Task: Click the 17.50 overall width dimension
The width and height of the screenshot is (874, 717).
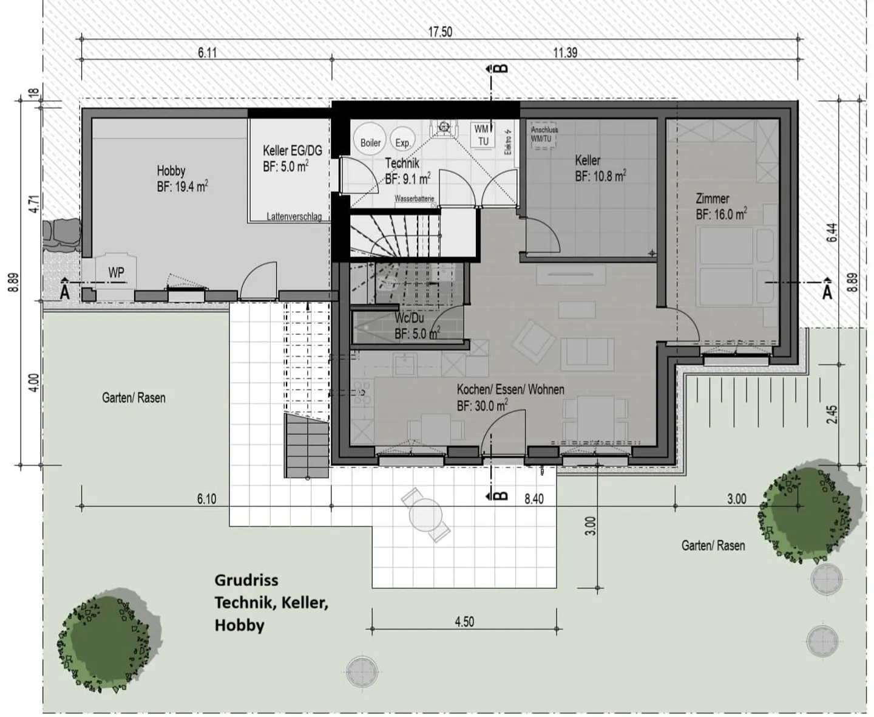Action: pos(440,32)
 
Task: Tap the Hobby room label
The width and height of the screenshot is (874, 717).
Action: pos(171,171)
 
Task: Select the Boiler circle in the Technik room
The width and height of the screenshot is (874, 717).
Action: pos(370,137)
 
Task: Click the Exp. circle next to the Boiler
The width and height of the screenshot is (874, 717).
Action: pos(402,139)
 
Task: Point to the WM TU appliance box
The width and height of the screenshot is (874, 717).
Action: pos(483,136)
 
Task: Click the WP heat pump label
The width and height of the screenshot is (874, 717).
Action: pos(116,273)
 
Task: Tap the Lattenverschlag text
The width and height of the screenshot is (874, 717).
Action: pos(294,216)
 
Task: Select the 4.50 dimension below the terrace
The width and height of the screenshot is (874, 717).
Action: pos(464,622)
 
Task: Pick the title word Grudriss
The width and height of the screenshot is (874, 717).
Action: pos(246,580)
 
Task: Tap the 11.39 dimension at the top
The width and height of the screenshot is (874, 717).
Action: pos(564,53)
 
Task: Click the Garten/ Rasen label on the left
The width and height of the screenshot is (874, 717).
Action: pos(134,398)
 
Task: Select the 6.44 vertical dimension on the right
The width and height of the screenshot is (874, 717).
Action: pos(832,233)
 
